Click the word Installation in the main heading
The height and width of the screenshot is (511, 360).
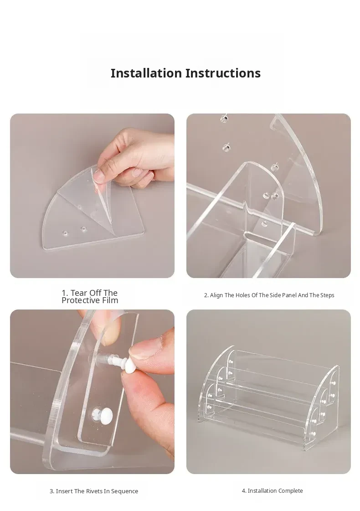(x=146, y=73)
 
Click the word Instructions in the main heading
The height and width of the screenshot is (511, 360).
(x=223, y=73)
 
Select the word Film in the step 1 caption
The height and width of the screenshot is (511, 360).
(x=110, y=300)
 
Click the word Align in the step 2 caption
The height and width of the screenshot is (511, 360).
(x=216, y=295)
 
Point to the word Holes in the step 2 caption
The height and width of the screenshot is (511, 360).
(x=243, y=295)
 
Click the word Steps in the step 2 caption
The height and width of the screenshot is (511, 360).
(x=327, y=295)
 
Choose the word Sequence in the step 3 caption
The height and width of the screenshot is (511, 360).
(x=124, y=491)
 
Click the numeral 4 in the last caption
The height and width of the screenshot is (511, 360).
(x=243, y=491)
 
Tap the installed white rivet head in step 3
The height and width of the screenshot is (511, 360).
(x=102, y=415)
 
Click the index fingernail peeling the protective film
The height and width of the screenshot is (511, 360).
(x=98, y=175)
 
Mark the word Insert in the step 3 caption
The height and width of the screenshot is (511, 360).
(x=64, y=491)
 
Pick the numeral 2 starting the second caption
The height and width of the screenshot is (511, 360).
(x=206, y=295)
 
